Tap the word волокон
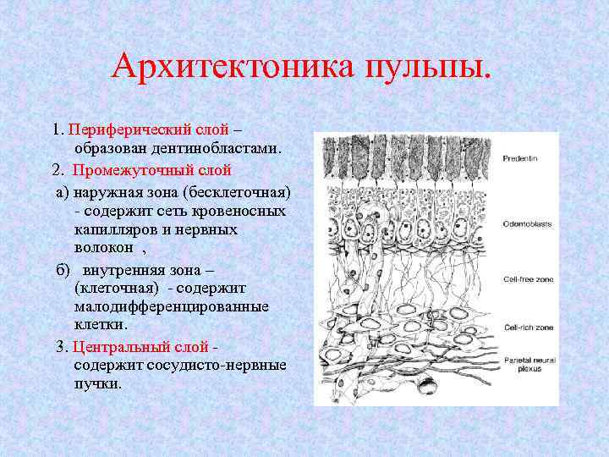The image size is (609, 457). click(104, 247)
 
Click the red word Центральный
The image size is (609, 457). click(113, 346)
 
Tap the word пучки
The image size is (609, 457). click(96, 383)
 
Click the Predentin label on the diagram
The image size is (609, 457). click(520, 158)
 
